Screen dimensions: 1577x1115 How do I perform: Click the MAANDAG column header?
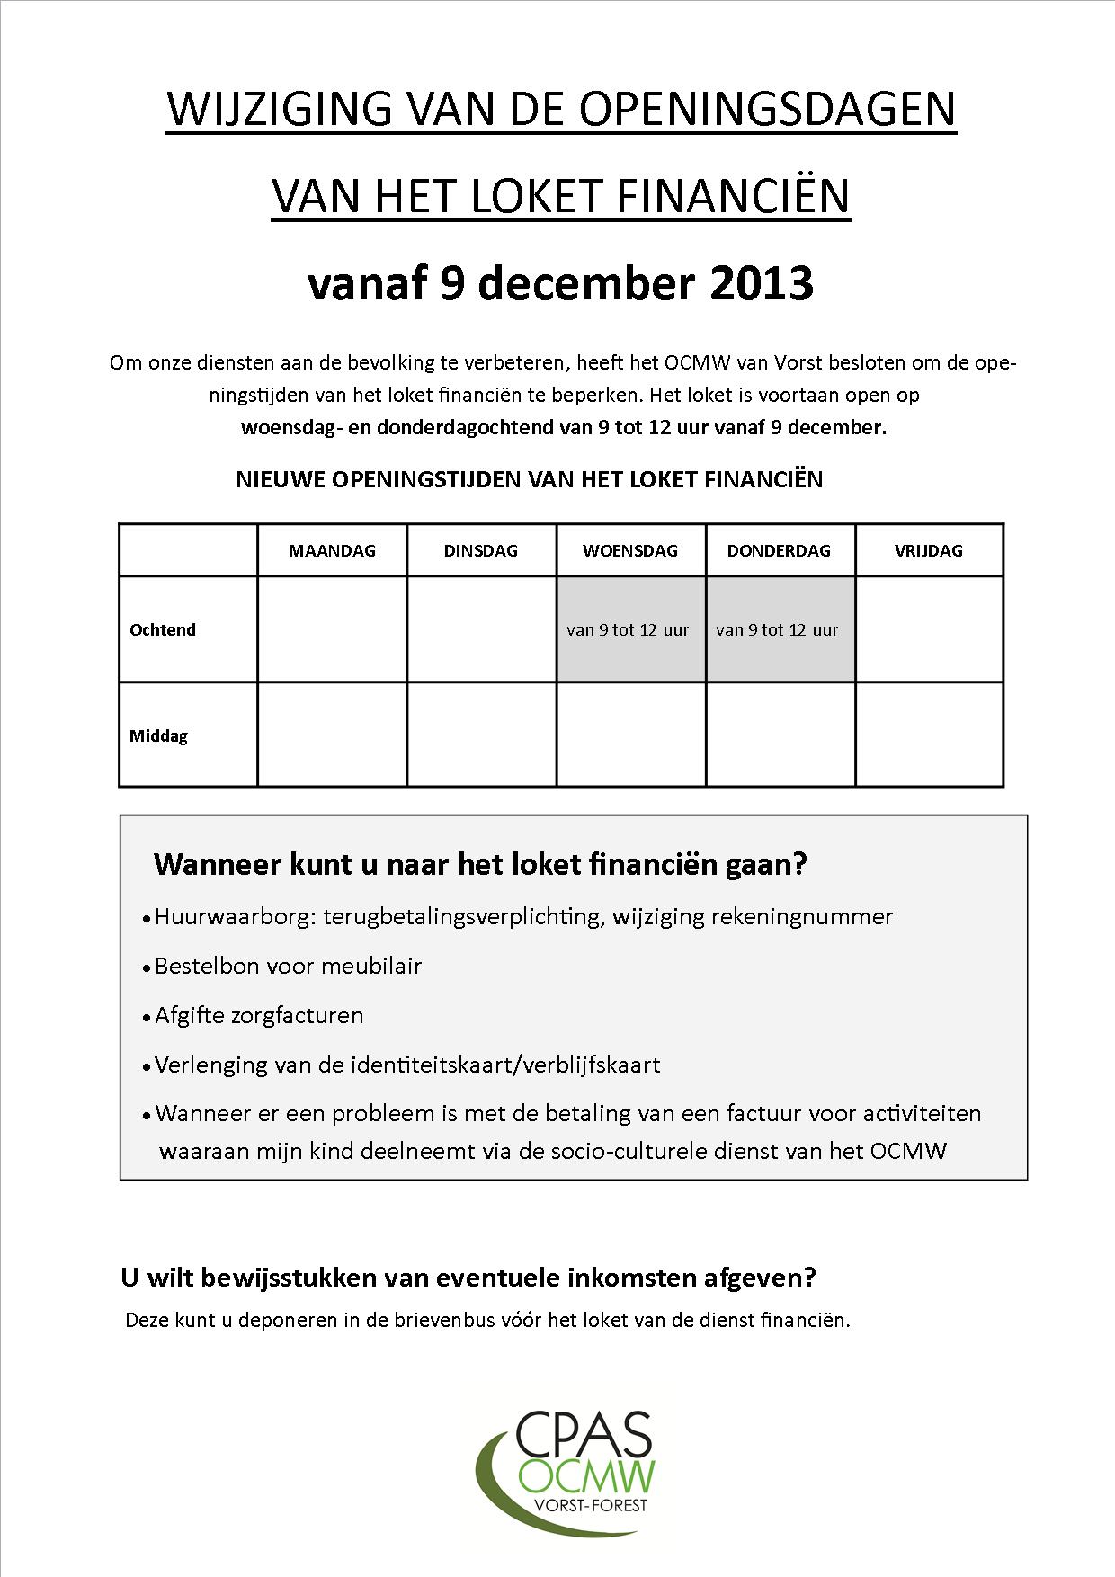[x=332, y=550]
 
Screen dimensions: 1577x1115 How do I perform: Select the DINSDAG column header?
[x=481, y=550]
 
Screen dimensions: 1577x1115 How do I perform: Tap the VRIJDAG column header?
[x=928, y=550]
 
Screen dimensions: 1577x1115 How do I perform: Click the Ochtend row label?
[x=163, y=629]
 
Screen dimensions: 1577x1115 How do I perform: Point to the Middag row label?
[x=159, y=735]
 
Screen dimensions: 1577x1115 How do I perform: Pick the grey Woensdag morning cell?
[x=630, y=629]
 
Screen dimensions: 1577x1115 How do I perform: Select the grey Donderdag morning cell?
[x=780, y=629]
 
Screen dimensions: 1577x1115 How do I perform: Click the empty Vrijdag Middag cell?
[x=929, y=735]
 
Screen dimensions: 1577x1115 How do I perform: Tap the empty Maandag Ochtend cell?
[x=332, y=629]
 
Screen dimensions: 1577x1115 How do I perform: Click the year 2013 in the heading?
[x=762, y=283]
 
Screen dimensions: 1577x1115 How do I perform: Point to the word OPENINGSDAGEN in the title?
[x=767, y=110]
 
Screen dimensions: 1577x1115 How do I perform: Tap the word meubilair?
[x=371, y=967]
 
